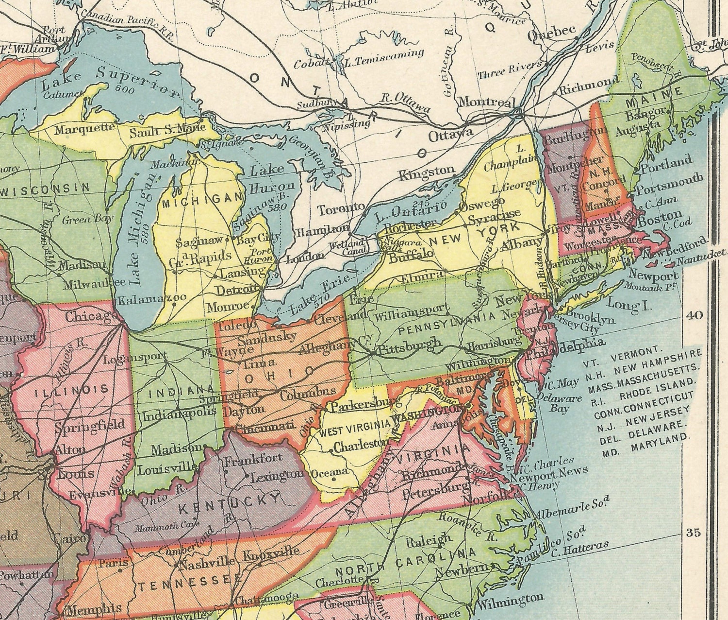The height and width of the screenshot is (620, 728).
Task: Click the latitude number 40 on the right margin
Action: coord(694,315)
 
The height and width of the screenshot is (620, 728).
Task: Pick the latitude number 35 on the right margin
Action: coord(694,533)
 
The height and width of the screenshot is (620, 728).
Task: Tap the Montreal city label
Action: coord(486,103)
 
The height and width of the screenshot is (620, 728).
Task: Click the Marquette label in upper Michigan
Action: coord(84,129)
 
